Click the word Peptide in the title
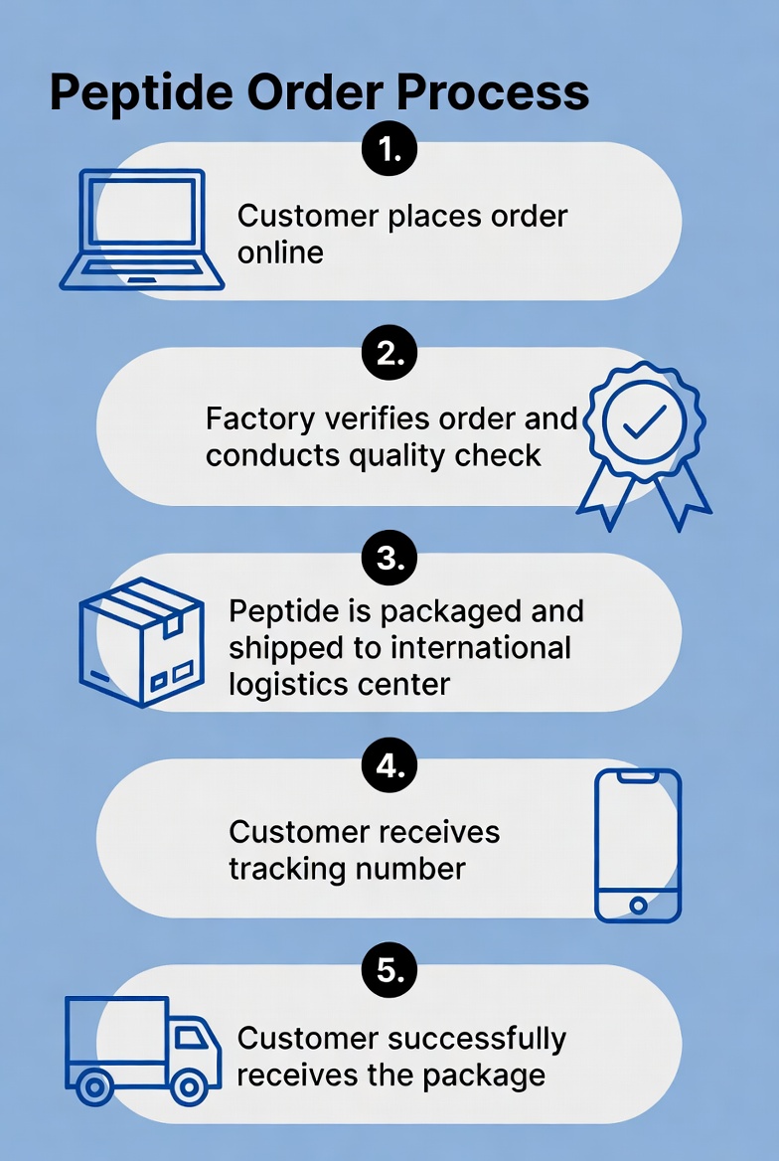point(141,93)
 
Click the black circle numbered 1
point(389,149)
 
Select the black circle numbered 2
point(389,353)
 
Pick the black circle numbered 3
point(389,558)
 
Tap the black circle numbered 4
point(389,764)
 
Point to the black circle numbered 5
point(389,970)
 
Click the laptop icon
point(141,229)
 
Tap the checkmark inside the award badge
point(644,422)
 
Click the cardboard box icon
point(141,642)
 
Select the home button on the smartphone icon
point(638,905)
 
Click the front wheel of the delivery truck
point(189,1087)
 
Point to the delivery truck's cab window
point(191,1038)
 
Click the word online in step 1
point(280,252)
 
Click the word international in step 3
point(481,648)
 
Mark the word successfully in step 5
point(478,1040)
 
